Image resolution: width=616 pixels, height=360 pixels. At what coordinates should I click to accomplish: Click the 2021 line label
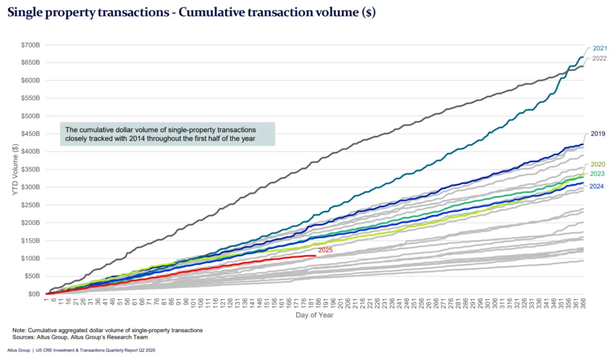coord(599,48)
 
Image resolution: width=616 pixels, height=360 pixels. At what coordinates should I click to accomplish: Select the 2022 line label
coord(599,58)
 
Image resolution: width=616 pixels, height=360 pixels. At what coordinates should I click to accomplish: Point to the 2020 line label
coord(598,164)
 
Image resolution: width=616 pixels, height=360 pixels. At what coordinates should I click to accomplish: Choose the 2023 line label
coord(598,174)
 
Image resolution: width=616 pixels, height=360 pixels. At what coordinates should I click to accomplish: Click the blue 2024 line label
coord(598,186)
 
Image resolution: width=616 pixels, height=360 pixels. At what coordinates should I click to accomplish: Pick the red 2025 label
coord(325,250)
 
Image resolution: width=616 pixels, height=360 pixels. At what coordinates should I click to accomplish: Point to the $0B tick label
coord(34,294)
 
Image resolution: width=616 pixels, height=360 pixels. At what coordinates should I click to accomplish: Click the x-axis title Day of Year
coord(314,315)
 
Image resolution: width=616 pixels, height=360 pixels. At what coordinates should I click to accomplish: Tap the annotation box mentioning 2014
coord(168,134)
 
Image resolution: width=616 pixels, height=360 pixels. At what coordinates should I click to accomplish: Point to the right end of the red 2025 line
coord(315,256)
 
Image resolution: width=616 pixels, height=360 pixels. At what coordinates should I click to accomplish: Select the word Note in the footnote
coord(19,331)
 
